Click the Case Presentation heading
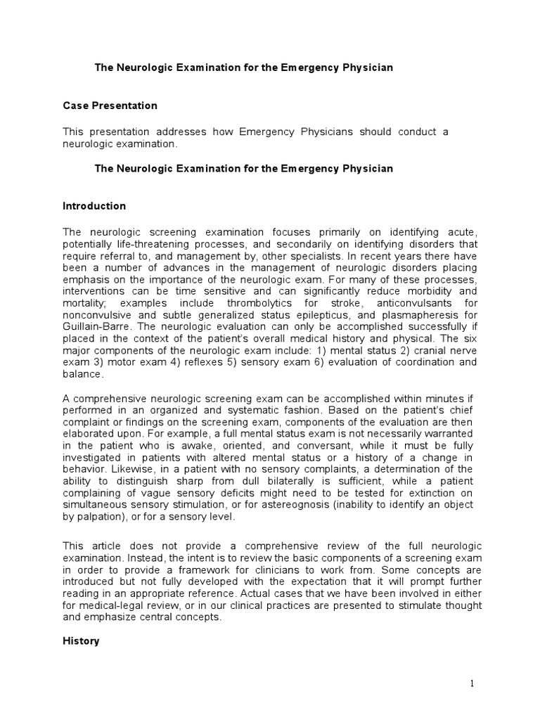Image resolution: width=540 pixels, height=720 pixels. [110, 105]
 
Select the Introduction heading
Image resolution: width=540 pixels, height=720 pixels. [94, 206]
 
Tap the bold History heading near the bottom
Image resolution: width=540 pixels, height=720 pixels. [81, 641]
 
